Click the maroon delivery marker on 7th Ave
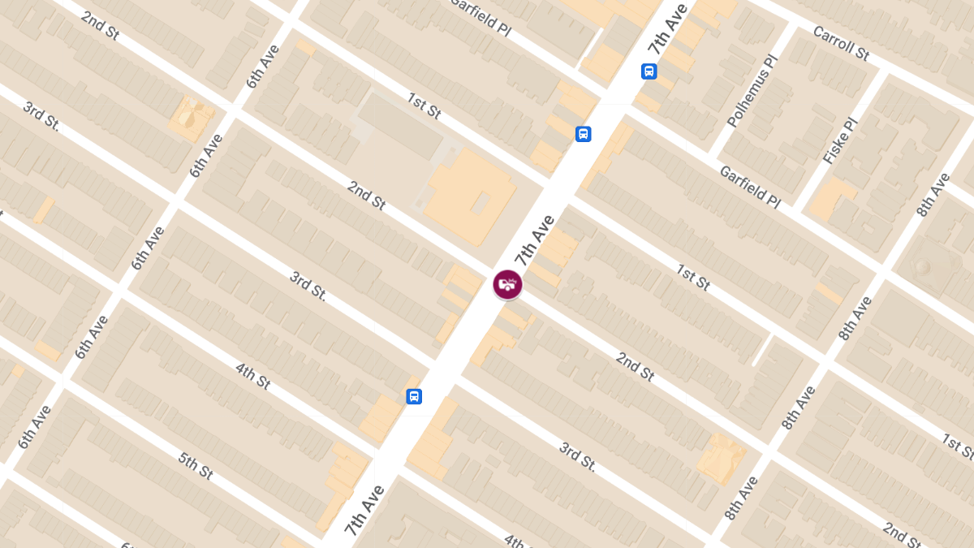tap(507, 285)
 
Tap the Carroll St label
tap(841, 43)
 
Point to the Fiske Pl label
tap(840, 141)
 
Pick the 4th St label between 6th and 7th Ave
tap(252, 377)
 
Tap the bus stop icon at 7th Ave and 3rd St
tap(414, 396)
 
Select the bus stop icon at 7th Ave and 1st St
tap(583, 134)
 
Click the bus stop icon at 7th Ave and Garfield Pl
tap(649, 71)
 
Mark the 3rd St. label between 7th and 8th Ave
tap(578, 457)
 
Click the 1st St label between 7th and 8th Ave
tap(694, 277)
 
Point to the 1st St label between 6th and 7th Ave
tap(424, 106)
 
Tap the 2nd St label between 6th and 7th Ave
tap(366, 196)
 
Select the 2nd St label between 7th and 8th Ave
tap(635, 367)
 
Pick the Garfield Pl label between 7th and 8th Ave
tap(749, 187)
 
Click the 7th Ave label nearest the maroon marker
tap(534, 240)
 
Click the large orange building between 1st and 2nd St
tap(471, 195)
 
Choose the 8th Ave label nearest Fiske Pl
tap(933, 195)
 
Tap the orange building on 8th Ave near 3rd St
tap(721, 456)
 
